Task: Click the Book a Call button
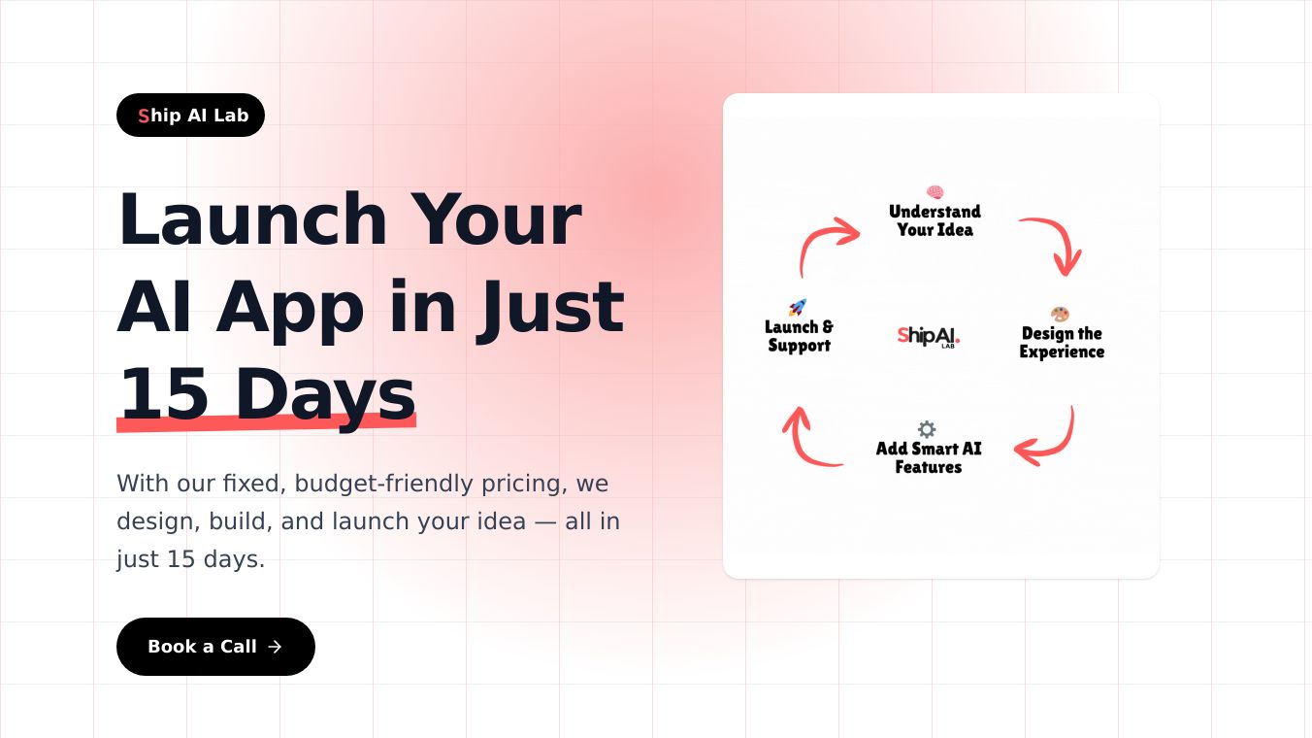click(215, 646)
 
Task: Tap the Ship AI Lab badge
click(190, 115)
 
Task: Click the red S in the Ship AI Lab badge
click(144, 116)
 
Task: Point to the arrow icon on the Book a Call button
click(275, 646)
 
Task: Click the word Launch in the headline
click(252, 219)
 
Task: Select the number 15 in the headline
click(163, 393)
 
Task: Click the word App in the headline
click(290, 311)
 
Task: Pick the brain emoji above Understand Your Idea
click(935, 191)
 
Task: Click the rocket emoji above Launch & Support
click(797, 307)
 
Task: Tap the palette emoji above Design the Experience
click(1060, 315)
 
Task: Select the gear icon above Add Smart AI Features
click(927, 429)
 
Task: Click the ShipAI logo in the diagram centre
click(929, 336)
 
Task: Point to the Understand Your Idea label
click(935, 220)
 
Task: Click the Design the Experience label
click(1062, 343)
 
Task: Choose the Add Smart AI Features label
click(929, 457)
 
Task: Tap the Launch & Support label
click(799, 336)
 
